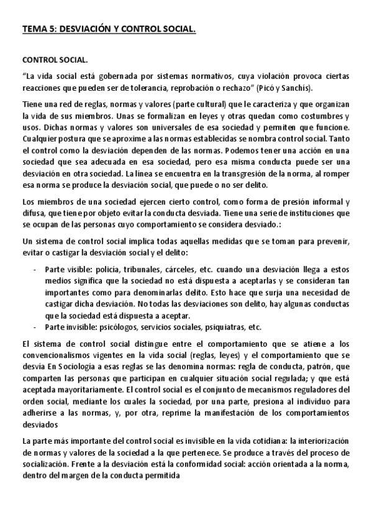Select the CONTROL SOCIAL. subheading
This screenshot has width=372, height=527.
pyautogui.click(x=55, y=61)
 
